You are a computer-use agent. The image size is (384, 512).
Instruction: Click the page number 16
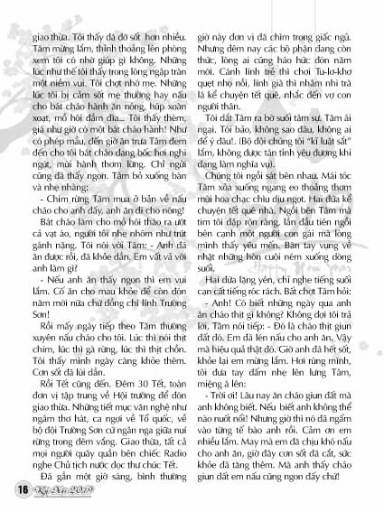[19, 489]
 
